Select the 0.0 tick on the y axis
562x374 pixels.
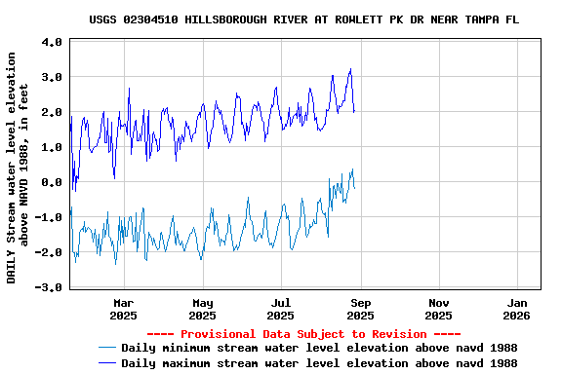[53, 182]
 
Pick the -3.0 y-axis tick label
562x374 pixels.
[50, 287]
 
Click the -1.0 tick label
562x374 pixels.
[50, 217]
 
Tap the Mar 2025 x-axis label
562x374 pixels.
[123, 309]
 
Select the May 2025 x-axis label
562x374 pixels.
[202, 309]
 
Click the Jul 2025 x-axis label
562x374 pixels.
[281, 309]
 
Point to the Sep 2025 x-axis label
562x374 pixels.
[360, 309]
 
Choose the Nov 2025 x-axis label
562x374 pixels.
[439, 309]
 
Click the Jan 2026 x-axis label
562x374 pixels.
[517, 309]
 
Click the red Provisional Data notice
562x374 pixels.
[302, 334]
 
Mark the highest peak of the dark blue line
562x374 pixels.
[350, 69]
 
